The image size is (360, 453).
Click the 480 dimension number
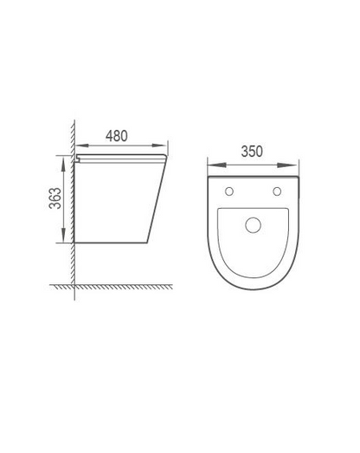coord(116,136)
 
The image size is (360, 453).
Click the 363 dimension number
coord(55,198)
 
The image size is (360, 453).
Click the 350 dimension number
coord(252,152)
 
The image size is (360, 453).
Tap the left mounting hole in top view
coord(229,191)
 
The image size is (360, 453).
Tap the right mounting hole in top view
coord(277,191)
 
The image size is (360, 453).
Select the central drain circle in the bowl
coord(254,225)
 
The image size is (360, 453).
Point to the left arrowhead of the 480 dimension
coord(82,146)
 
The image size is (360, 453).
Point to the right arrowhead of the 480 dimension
coord(159,146)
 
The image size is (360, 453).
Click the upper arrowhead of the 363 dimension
coord(64,163)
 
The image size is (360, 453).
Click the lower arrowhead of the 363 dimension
coord(64,235)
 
